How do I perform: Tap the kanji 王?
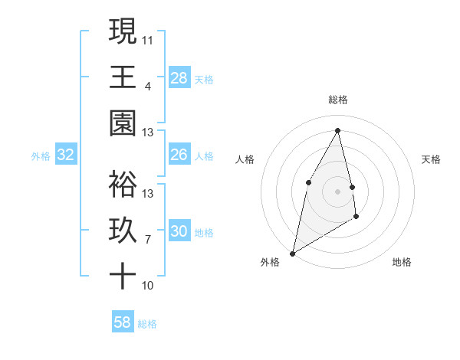coord(123,77)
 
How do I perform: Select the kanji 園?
coord(123,123)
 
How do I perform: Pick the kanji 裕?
coord(123,184)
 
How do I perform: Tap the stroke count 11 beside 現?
coord(148,40)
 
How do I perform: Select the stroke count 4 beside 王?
coord(148,86)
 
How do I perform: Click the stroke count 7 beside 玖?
coord(148,240)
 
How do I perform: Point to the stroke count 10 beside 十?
coord(148,286)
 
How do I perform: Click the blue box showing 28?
coord(179,77)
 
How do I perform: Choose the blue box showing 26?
coord(179,155)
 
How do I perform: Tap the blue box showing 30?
coord(179,231)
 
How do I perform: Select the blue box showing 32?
coord(66,155)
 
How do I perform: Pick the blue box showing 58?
coord(123,322)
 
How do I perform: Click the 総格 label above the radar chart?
coord(338,100)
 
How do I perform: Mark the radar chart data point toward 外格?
coord(292,253)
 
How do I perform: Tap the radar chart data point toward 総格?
coord(338,130)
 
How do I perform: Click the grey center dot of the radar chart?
coord(337,191)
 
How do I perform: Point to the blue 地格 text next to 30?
coord(204,232)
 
